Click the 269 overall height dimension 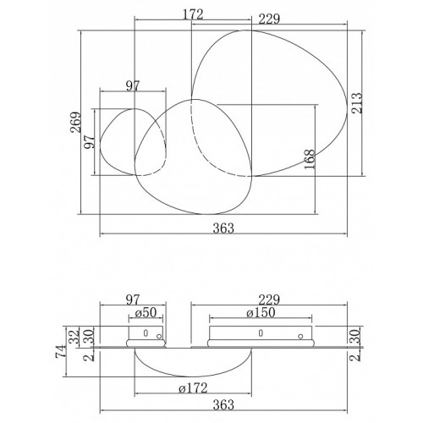pos(75,122)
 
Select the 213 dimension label pos(356,103)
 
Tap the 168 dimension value pos(310,159)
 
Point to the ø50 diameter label pos(146,312)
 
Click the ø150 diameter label pos(261,312)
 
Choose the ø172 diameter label pos(193,388)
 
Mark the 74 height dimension pos(61,351)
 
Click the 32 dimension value pos(74,336)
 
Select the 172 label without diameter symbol pos(193,14)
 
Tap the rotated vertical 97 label pos(89,142)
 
